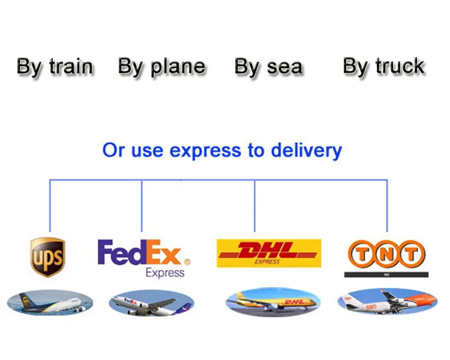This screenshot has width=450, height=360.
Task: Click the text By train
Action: (55, 67)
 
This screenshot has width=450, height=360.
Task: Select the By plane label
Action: (161, 67)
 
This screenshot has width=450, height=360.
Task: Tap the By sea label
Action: (268, 67)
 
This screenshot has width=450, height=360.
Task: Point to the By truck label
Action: (384, 66)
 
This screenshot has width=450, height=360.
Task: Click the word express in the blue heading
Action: (207, 150)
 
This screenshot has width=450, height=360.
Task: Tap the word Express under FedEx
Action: (165, 273)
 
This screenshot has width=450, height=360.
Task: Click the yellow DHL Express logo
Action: (268, 253)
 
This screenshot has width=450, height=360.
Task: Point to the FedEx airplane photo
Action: (151, 303)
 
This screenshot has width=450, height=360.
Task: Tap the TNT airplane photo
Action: (387, 302)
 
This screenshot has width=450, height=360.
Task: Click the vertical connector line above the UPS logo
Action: (50, 207)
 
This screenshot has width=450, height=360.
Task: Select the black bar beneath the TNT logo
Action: (386, 275)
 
